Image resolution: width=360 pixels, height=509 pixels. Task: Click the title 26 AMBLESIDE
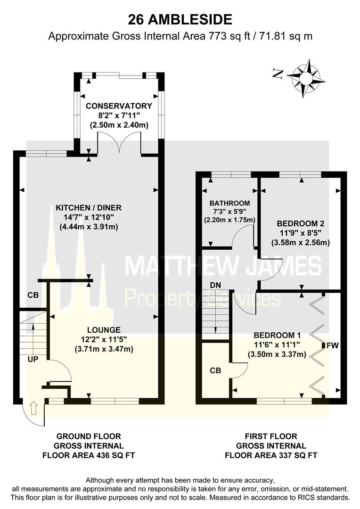pyautogui.click(x=180, y=20)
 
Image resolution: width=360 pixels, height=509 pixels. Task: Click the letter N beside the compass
pyautogui.click(x=277, y=74)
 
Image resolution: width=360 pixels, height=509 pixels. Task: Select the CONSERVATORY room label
pyautogui.click(x=119, y=106)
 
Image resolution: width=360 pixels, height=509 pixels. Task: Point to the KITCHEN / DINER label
pyautogui.click(x=89, y=208)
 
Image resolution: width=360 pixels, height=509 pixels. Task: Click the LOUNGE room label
pyautogui.click(x=104, y=330)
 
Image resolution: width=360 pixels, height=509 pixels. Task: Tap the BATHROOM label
pyautogui.click(x=229, y=203)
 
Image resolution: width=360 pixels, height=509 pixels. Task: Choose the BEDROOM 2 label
pyautogui.click(x=300, y=224)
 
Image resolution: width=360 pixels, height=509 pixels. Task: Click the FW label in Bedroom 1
pyautogui.click(x=332, y=346)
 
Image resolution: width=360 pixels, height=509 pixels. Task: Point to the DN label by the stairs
pyautogui.click(x=215, y=285)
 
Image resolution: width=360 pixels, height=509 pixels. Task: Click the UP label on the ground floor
pyautogui.click(x=33, y=359)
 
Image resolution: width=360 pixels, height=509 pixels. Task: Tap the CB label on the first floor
pyautogui.click(x=215, y=371)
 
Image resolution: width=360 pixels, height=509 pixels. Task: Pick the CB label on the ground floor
pyautogui.click(x=33, y=295)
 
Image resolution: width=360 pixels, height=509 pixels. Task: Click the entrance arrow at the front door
pyautogui.click(x=33, y=408)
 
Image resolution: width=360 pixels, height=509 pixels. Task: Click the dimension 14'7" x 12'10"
pyautogui.click(x=89, y=217)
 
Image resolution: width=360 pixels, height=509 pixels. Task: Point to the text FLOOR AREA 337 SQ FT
pyautogui.click(x=271, y=455)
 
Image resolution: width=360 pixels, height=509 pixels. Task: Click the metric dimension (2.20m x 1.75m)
pyautogui.click(x=229, y=220)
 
